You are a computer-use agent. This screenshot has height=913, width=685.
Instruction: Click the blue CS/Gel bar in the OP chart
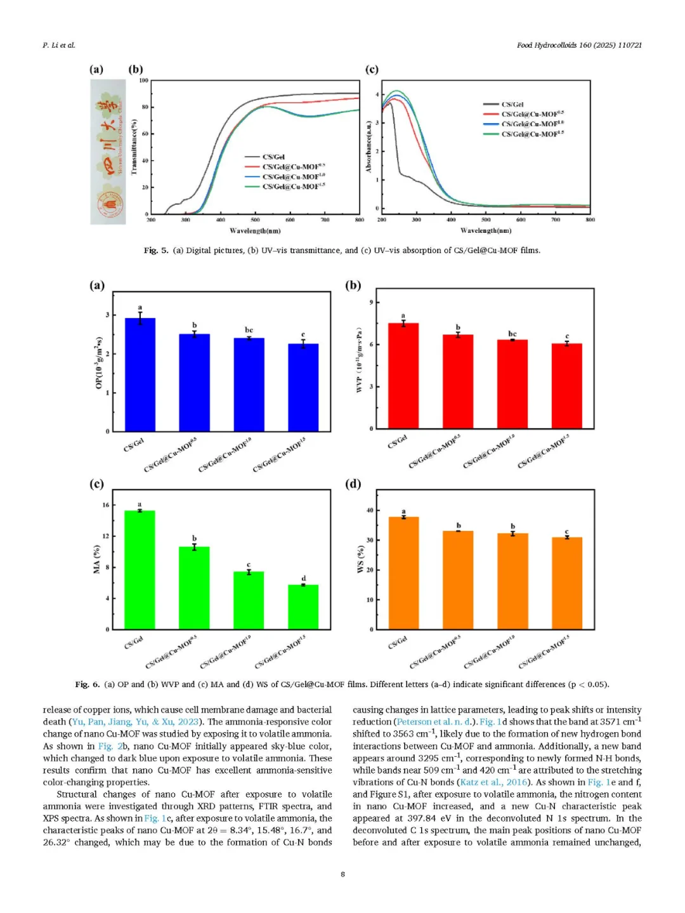coord(140,374)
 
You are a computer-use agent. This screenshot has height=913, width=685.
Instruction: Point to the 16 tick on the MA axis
coord(106,505)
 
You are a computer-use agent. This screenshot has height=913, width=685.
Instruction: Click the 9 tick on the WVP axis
coord(371,303)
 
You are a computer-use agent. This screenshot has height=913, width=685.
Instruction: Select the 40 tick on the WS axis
coord(370,510)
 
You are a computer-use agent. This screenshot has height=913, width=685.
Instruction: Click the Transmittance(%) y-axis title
coord(134,147)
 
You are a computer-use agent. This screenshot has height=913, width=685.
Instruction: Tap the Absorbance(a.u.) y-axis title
coord(369,147)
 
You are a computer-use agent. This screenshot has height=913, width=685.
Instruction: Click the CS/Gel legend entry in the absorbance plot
coord(512,104)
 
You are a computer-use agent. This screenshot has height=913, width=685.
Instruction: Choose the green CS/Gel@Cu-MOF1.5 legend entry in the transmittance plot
coord(294,187)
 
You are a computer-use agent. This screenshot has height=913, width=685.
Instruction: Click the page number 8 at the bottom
coord(342,874)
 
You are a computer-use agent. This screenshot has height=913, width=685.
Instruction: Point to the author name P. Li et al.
coord(58,45)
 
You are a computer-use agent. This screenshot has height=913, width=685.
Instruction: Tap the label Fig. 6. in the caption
coord(87,685)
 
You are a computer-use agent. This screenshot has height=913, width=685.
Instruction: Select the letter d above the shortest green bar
coord(303,578)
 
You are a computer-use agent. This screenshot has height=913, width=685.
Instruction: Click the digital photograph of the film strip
coord(108,152)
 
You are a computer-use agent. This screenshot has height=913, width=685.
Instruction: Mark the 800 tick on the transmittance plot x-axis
coord(360,220)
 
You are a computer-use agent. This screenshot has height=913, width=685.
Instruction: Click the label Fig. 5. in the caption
coord(156,251)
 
